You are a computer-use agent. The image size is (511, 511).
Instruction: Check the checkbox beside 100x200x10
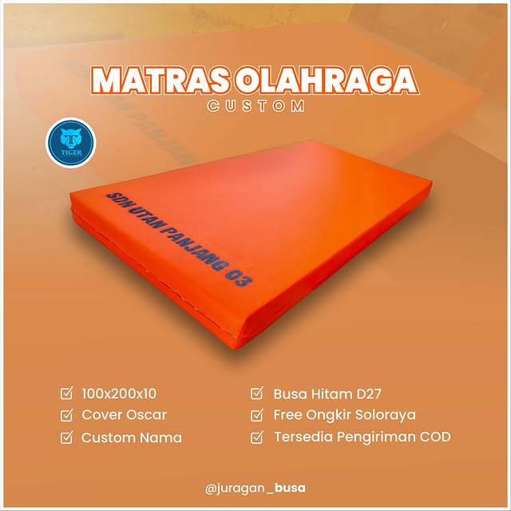(67, 393)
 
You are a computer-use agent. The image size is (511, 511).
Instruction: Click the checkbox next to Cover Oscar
(67, 415)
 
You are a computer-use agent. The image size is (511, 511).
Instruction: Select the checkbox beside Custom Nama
(67, 438)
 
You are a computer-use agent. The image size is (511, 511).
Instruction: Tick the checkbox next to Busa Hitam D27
(257, 393)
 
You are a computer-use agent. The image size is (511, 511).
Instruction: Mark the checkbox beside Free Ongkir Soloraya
(257, 415)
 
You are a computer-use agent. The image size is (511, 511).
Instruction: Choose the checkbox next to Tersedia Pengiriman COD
(257, 438)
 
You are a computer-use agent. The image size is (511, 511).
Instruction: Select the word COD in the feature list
(435, 438)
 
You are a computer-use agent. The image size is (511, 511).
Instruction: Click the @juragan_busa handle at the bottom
(255, 487)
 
